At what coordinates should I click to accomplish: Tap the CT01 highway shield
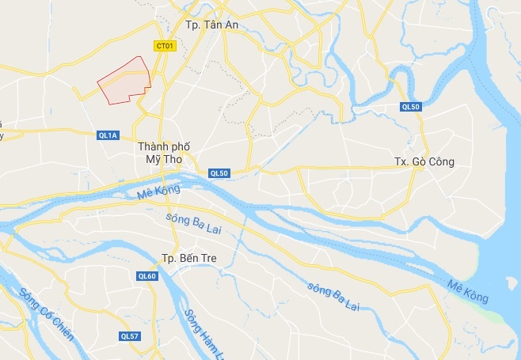164,47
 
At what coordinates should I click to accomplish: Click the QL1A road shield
108,135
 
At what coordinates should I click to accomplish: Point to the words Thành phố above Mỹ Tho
164,146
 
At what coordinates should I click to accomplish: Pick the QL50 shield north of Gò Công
409,107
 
